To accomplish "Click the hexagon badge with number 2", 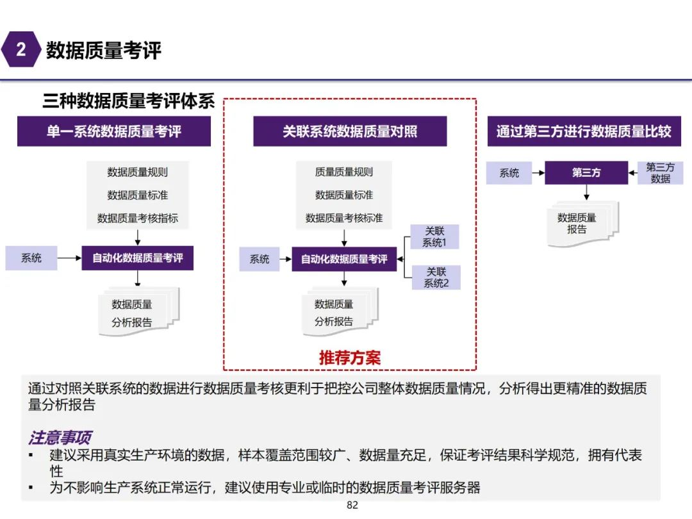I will [21, 49].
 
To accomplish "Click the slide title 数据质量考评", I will [104, 50].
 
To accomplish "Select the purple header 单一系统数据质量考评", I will [114, 131].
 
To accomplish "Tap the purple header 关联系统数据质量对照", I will [350, 131].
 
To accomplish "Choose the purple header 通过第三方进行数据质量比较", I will [584, 131].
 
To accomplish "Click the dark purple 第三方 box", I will [586, 173].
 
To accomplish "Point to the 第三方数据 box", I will [660, 173].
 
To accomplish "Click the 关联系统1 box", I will [435, 237].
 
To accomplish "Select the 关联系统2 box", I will [436, 277].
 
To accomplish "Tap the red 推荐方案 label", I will [350, 358].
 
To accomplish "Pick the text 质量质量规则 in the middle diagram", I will [344, 172].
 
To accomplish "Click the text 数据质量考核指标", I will [138, 218].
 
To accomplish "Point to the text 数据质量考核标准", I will [344, 218].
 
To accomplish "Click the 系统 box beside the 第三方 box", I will [509, 173].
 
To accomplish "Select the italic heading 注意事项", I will [59, 438].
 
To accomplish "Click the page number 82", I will [352, 506].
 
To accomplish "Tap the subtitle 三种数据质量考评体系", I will [128, 101].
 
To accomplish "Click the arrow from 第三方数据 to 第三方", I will [633, 173].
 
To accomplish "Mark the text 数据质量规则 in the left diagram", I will [138, 172].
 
